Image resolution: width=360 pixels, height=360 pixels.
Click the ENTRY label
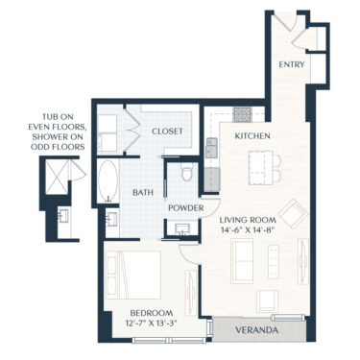(291, 64)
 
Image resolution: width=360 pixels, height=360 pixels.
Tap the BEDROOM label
(152, 313)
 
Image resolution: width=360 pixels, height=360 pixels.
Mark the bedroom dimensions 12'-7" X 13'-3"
(152, 324)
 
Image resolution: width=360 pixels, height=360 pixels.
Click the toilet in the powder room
(187, 176)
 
